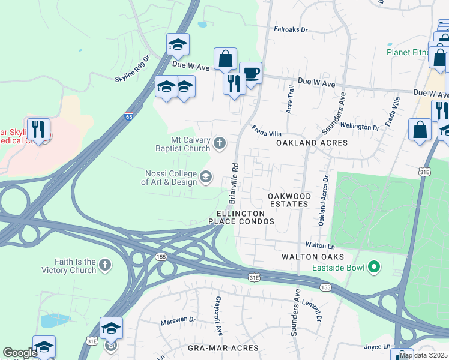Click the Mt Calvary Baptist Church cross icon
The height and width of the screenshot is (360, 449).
pos(220,143)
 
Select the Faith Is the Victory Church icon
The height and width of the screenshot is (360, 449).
pos(105,265)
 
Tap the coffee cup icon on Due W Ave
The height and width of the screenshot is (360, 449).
pos(250,74)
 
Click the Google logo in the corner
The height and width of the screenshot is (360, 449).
pos(20,353)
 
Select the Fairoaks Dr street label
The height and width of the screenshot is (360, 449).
pos(291,29)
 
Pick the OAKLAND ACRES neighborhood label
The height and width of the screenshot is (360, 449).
pos(312,143)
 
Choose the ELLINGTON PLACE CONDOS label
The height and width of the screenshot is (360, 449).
pos(241,217)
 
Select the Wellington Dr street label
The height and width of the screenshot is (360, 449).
pos(360,127)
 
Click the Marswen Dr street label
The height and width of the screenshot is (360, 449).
pos(178,321)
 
